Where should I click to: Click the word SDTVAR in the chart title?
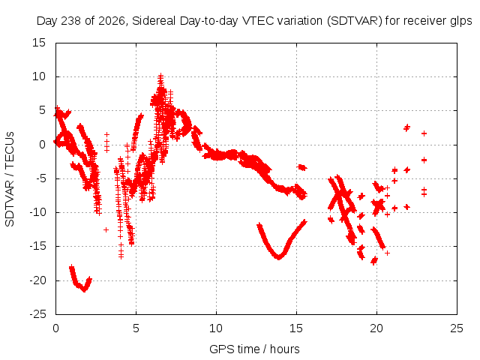(x=355, y=21)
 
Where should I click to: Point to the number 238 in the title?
(x=72, y=21)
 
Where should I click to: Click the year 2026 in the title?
(x=112, y=21)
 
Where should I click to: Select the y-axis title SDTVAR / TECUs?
(x=10, y=179)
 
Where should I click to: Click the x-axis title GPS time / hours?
(x=254, y=349)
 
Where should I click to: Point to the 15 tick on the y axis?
(x=39, y=43)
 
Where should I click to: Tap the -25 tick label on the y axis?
(x=37, y=314)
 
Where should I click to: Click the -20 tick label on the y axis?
(x=37, y=280)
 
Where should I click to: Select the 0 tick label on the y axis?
(x=42, y=145)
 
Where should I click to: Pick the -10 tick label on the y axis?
(x=37, y=212)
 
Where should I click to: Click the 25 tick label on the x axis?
(x=457, y=328)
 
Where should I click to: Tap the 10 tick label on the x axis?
(x=216, y=328)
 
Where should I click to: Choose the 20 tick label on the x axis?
(x=376, y=328)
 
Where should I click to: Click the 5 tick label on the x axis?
(x=136, y=328)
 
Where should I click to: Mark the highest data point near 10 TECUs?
(x=160, y=75)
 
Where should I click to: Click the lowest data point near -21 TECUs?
(x=85, y=289)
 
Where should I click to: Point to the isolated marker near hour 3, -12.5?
(x=106, y=229)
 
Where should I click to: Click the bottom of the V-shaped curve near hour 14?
(x=279, y=257)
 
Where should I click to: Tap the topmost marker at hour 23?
(x=424, y=133)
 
